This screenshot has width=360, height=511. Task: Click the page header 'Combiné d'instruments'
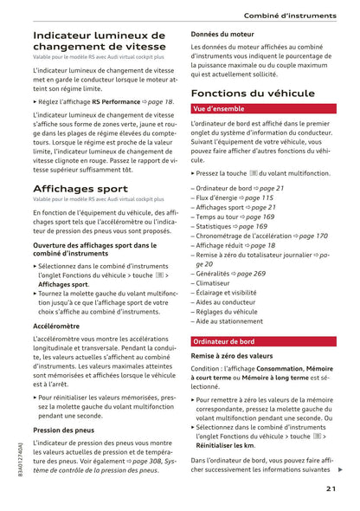coord(289,16)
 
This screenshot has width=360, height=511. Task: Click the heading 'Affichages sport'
coord(80,188)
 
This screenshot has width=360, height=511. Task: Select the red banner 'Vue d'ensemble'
coord(219,110)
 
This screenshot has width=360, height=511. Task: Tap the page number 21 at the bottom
coord(331,489)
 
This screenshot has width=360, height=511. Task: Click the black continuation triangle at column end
coord(340,469)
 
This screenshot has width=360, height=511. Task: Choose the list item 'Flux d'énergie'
coord(225,198)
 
